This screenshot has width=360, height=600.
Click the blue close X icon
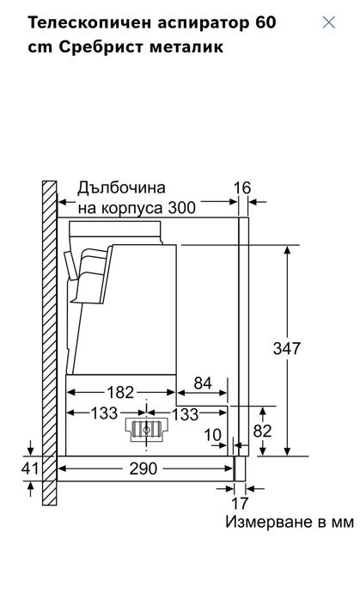(328, 22)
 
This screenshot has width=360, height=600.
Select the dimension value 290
(143, 470)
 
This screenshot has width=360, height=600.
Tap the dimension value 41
(31, 469)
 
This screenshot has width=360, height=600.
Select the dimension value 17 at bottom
(240, 505)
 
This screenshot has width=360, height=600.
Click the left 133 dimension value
(104, 413)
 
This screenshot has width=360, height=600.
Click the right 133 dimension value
(187, 413)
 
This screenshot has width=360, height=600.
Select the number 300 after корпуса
(182, 207)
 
